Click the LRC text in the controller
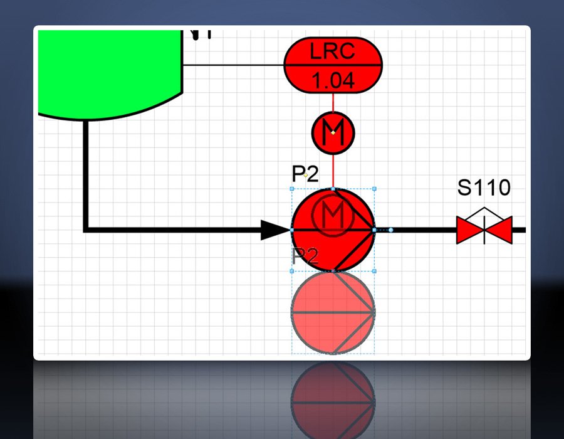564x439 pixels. pos(333,51)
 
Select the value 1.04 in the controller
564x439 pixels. pos(333,80)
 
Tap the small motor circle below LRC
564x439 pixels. pos(333,132)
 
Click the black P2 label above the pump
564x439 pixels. pos(305,174)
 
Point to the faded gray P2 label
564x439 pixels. pos(305,256)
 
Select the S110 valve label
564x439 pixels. pos(484,188)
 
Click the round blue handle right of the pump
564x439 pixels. pos(391,230)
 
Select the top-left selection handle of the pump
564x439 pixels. pos(293,188)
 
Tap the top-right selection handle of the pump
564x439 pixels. pos(374,188)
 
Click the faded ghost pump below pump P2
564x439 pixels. pos(333,312)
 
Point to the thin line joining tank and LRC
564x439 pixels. pos(232,65)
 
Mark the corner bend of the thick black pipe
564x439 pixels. pos(86,230)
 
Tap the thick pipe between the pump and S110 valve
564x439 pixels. pos(426,230)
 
